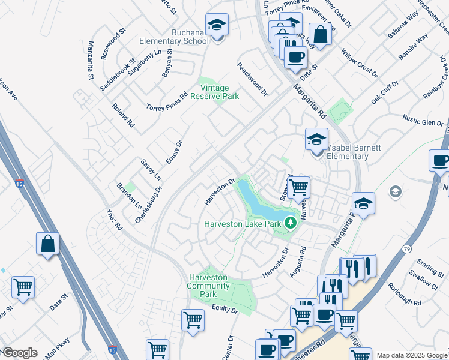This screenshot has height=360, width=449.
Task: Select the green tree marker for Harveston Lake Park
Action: coord(291,223)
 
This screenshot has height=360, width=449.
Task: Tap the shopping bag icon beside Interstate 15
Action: coord(47,244)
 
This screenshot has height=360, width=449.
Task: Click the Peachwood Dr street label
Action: coord(252,80)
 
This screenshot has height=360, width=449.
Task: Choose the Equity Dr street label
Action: coord(224,309)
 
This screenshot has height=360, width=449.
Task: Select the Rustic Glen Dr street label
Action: coord(423,120)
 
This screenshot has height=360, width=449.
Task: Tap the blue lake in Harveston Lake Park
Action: coord(257,202)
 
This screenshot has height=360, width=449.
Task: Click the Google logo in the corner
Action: coord(19,353)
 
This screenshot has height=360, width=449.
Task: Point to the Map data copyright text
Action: coord(412,355)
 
